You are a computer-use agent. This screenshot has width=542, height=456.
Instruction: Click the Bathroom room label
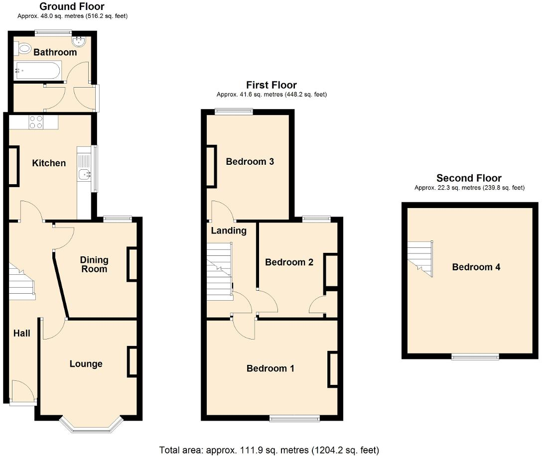(x=55, y=52)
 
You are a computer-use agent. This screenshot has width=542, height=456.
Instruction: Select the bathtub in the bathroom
(x=38, y=71)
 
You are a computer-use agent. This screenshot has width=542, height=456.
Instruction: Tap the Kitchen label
(x=49, y=163)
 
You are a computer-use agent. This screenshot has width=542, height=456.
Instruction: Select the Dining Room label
(x=94, y=264)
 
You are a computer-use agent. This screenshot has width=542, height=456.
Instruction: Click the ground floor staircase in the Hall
(x=21, y=282)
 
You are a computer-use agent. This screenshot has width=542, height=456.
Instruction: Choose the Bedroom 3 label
(x=250, y=162)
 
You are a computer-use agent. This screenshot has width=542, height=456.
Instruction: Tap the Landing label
(x=229, y=230)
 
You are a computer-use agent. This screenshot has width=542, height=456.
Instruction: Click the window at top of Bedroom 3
(x=234, y=112)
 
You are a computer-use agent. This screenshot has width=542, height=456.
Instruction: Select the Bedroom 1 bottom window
(x=295, y=419)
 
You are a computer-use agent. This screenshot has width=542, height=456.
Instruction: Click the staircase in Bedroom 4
(x=420, y=258)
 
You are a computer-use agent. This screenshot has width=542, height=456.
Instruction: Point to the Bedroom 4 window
(x=475, y=356)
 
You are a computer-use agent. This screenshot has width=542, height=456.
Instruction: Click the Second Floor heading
(x=469, y=178)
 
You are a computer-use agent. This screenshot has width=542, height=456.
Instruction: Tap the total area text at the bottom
(x=269, y=450)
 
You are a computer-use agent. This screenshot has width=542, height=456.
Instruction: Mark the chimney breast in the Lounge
(x=133, y=361)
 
